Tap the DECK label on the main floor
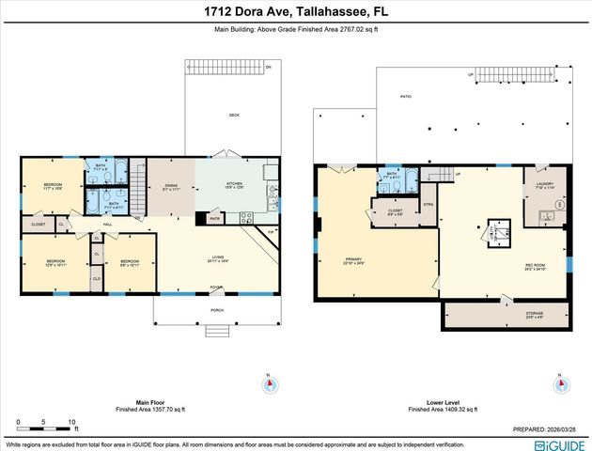[234, 116]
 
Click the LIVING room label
[217, 258]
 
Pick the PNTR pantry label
[215, 219]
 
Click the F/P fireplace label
[271, 230]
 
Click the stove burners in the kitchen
[247, 218]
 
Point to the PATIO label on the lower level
[406, 97]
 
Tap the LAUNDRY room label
[545, 186]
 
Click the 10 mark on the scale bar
[71, 422]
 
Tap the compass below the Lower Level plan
[561, 383]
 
